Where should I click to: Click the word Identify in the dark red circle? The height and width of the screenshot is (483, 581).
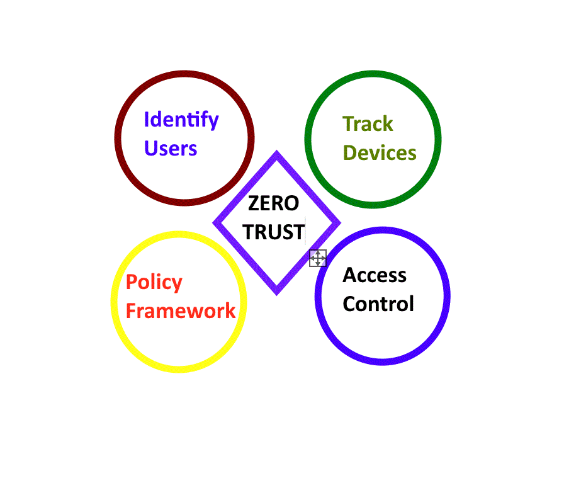coord(181,120)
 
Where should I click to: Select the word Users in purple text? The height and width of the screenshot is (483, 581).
coord(171,149)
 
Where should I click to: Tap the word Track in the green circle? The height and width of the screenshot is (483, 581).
coord(368,124)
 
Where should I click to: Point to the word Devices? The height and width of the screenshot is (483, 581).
coord(380,153)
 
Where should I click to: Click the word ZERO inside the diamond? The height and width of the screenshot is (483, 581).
coord(273,203)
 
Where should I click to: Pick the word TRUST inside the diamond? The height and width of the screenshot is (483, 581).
coord(274,232)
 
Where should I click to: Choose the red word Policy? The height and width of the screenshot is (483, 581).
coord(154,283)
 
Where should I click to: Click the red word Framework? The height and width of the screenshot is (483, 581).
coord(181,311)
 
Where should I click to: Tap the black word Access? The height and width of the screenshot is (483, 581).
coord(375,275)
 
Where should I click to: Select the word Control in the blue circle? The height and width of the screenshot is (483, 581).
coord(378,304)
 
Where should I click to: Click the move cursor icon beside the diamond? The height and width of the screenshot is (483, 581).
coord(318,258)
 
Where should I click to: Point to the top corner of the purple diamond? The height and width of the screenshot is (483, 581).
coord(276,154)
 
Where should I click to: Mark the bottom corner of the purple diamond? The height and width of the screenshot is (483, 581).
coord(276,292)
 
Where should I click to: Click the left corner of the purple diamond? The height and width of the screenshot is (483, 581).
coord(216,222)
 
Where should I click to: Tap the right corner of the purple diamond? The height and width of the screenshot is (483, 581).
coord(338,222)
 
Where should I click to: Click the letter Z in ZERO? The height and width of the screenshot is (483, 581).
coord(254,203)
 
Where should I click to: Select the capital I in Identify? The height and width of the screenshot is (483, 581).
coord(147,119)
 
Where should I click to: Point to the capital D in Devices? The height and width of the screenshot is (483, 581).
coord(350,153)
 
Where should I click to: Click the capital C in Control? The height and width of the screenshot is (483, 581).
coord(349,304)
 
